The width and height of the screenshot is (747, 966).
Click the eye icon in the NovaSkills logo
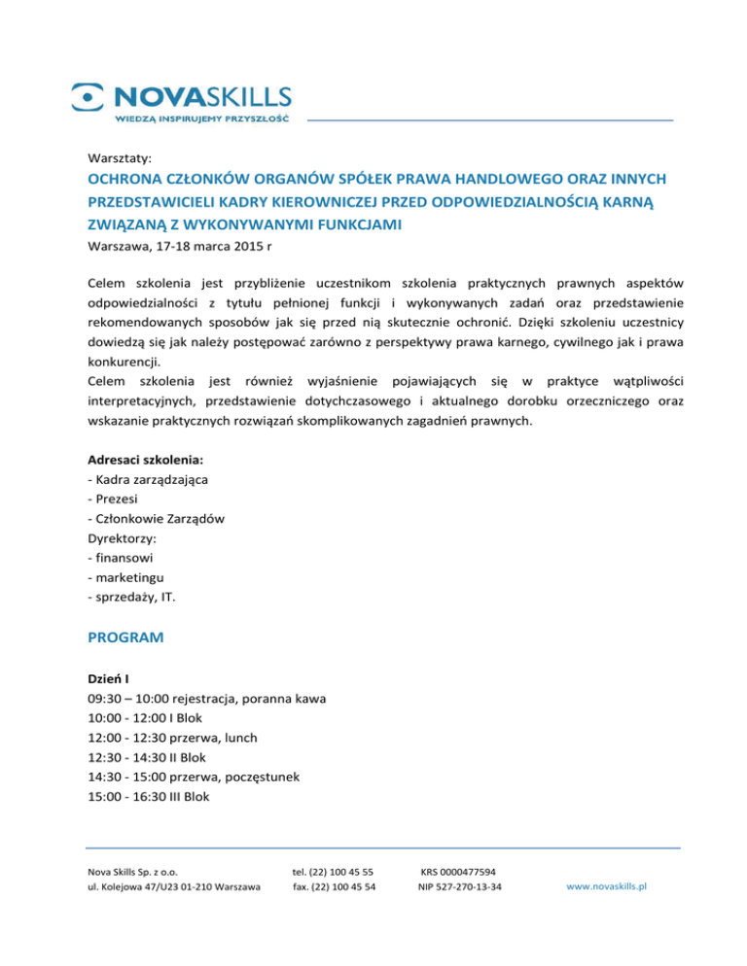click(88, 95)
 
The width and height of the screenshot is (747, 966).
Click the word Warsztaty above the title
click(119, 156)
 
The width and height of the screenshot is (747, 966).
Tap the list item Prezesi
click(116, 500)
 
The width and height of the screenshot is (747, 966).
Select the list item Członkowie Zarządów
click(156, 519)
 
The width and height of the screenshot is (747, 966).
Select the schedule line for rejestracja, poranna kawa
click(206, 699)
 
